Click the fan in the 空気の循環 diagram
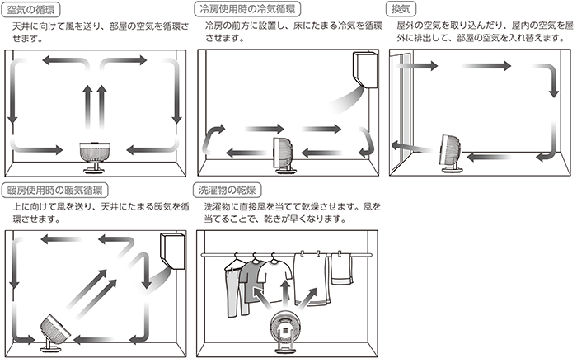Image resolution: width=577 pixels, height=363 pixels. (96, 154)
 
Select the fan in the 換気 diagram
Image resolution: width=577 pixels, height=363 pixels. (450, 153)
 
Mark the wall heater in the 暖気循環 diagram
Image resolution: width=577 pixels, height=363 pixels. (172, 253)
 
